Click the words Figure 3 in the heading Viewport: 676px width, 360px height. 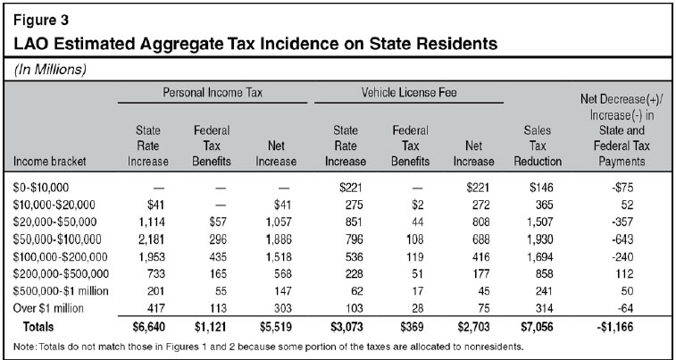tap(40, 20)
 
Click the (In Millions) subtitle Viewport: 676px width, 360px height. tap(50, 71)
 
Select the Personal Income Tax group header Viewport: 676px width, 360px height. tap(213, 92)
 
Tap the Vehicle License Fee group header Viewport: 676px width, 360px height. tap(409, 92)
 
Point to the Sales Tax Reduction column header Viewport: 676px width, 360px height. tap(538, 146)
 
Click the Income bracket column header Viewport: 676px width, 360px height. tap(50, 162)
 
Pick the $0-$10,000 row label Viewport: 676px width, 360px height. tap(41, 187)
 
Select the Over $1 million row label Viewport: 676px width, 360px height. tap(49, 308)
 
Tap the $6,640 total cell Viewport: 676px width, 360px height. tap(150, 327)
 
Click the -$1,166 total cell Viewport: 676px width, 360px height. tap(614, 327)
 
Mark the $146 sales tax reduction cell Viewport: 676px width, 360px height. tap(541, 187)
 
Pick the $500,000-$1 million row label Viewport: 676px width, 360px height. tap(61, 291)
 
